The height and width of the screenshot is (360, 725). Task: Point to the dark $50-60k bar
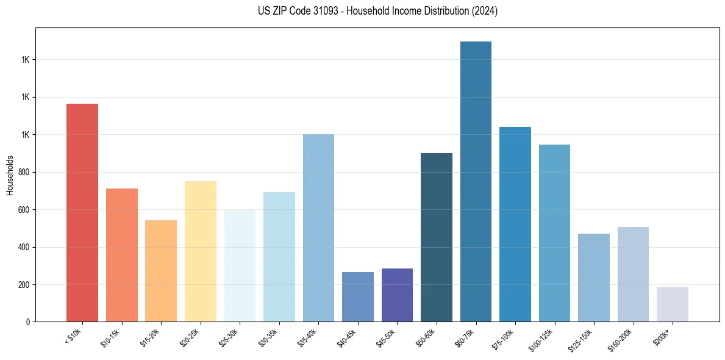pos(437,237)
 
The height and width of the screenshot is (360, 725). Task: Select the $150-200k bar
pos(633,274)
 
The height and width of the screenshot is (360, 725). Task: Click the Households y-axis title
pos(10,175)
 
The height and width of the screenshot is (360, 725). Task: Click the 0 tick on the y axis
pos(28,322)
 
